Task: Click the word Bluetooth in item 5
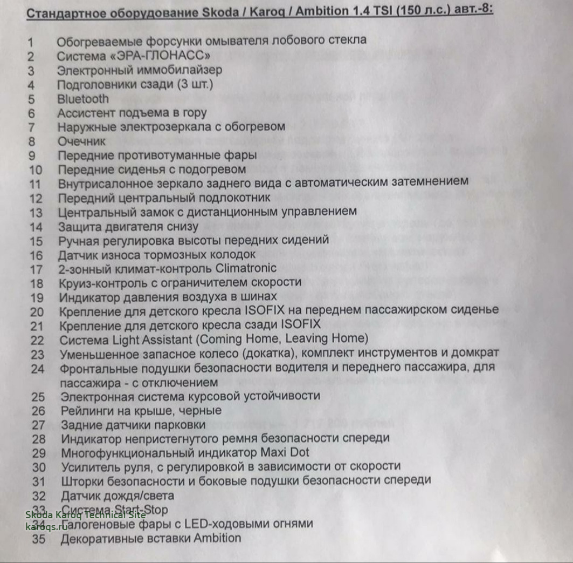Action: [83, 99]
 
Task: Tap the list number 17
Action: [36, 268]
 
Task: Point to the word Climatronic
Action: [245, 268]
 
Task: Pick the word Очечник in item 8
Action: [82, 141]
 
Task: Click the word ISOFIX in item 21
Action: [300, 324]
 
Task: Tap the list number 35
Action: [39, 538]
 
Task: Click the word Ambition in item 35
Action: [217, 538]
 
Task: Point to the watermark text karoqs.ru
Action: [46, 526]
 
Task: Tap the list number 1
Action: [31, 42]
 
